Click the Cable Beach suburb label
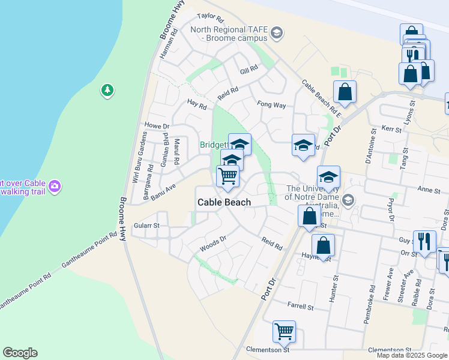pyautogui.click(x=224, y=202)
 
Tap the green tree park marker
pyautogui.click(x=107, y=91)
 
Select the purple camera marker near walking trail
pyautogui.click(x=55, y=186)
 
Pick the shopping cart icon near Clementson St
pyautogui.click(x=284, y=331)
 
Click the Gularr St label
pyautogui.click(x=146, y=226)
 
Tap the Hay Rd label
pyautogui.click(x=196, y=104)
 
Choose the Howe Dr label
pyautogui.click(x=158, y=126)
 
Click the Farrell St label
pyautogui.click(x=301, y=307)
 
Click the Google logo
pyautogui.click(x=20, y=353)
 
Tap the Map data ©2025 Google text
pyautogui.click(x=411, y=355)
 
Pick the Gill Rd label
pyautogui.click(x=249, y=70)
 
